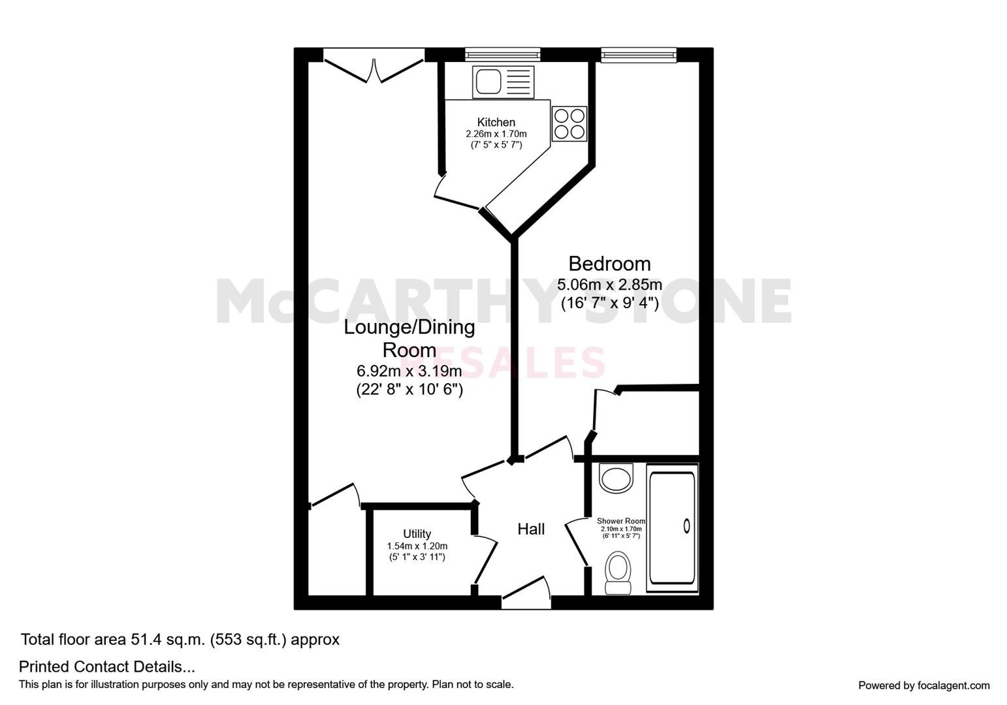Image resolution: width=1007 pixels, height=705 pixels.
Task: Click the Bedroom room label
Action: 609,264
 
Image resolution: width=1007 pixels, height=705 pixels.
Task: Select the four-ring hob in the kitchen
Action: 569,123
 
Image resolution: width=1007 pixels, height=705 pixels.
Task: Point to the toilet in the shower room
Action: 618,572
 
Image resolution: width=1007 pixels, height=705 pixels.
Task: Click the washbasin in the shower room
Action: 616,478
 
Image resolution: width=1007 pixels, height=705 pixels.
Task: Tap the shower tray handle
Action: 686,525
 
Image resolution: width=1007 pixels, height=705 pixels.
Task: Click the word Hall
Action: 531,529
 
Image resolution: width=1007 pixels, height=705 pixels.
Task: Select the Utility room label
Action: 417,534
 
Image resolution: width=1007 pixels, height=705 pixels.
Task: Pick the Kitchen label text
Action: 496,122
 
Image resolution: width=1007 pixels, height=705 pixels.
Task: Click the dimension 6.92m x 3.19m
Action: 409,371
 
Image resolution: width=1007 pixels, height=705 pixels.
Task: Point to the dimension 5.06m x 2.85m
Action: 609,285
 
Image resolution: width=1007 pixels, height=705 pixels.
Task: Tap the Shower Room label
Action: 620,521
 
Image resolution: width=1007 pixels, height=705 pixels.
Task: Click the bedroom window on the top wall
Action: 638,55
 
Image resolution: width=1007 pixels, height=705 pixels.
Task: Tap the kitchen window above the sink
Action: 502,55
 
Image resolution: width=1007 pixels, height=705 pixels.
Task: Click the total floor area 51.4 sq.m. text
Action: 180,640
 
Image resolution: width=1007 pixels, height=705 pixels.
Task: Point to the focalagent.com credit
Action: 923,685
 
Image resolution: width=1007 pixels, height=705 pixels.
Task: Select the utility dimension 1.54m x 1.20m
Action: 417,546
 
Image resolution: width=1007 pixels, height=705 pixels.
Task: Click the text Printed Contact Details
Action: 107,667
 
